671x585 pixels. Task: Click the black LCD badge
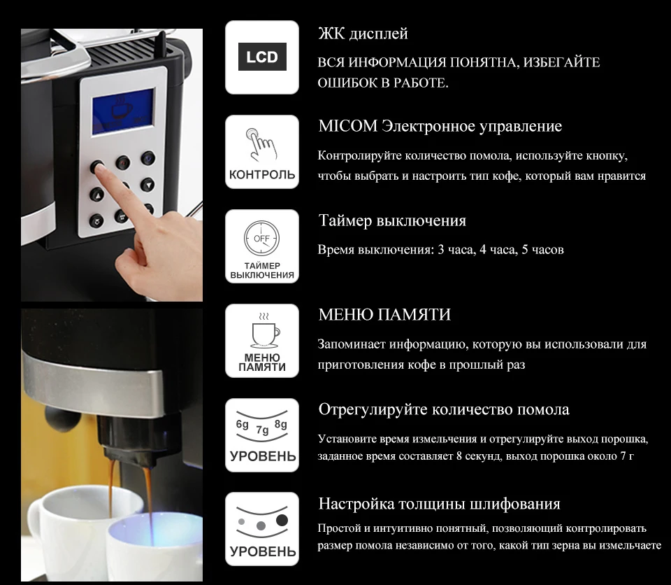pyautogui.click(x=262, y=57)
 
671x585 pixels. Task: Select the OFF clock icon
pyautogui.click(x=261, y=239)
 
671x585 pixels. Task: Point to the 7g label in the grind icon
pyautogui.click(x=262, y=430)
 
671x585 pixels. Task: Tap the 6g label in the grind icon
pyautogui.click(x=243, y=424)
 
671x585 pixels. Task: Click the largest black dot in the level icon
pyautogui.click(x=282, y=521)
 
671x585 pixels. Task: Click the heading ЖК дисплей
pyautogui.click(x=363, y=34)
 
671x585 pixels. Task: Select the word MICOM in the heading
pyautogui.click(x=348, y=126)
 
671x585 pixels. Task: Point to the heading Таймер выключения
pyautogui.click(x=392, y=220)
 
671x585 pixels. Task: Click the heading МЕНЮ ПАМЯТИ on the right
pyautogui.click(x=384, y=315)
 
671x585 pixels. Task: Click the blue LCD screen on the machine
pyautogui.click(x=123, y=112)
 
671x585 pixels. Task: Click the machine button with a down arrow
pyautogui.click(x=147, y=185)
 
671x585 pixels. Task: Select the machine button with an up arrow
pyautogui.click(x=96, y=195)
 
